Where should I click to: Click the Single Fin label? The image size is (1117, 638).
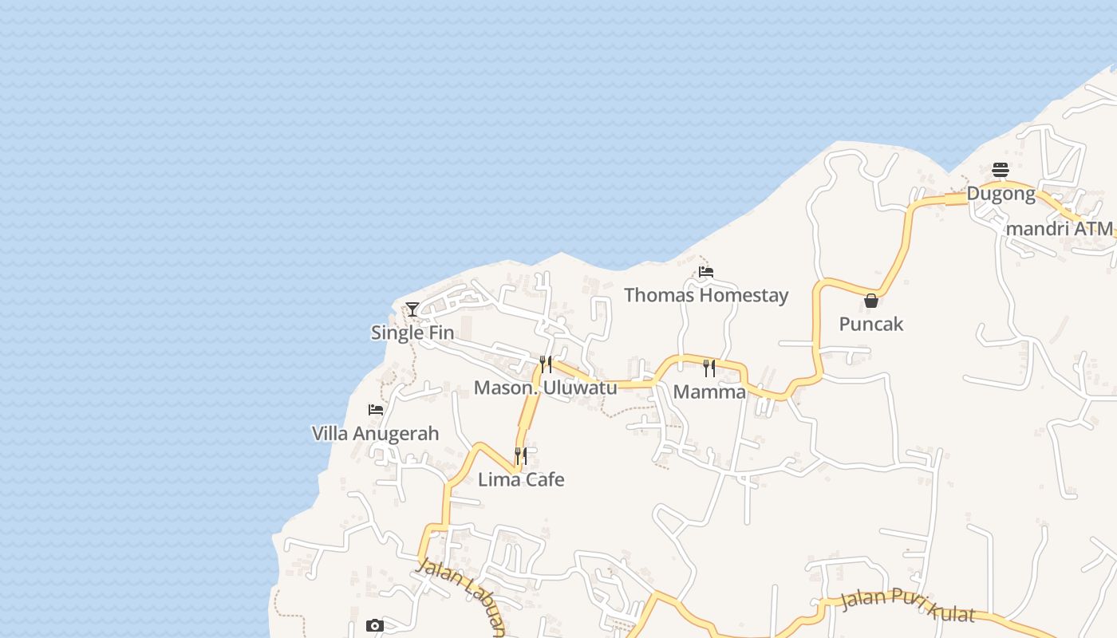412,333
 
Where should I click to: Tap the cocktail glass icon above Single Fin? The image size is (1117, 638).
412,309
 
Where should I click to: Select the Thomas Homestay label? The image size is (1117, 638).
706,295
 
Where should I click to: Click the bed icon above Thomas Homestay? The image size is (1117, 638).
706,272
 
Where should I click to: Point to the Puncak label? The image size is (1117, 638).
871,324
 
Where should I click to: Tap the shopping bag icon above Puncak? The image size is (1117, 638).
871,301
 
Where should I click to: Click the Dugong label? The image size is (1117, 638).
1001,193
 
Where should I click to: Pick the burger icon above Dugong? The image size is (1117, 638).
1001,170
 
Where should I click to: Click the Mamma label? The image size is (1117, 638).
709,392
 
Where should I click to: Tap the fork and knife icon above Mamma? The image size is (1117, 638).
709,368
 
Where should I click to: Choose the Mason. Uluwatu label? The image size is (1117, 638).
546,388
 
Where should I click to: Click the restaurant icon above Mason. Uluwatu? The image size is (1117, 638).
546,364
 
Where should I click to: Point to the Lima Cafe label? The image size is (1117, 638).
521,479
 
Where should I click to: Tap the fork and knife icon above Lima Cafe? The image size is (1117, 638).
521,456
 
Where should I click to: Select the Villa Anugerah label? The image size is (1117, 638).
375,434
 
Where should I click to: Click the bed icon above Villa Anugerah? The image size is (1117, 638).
376,410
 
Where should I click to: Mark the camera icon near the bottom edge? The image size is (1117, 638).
375,626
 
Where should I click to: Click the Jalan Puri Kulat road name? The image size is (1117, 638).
908,604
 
